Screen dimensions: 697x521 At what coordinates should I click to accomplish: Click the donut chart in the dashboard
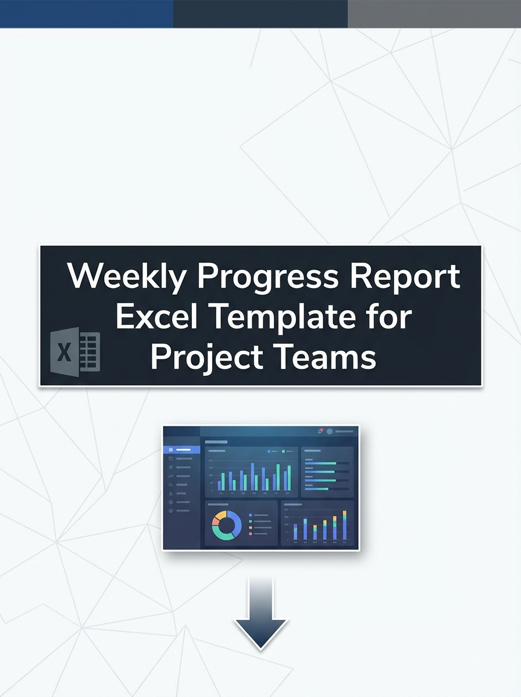point(227,525)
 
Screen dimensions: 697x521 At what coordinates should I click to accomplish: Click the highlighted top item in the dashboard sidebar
point(181,450)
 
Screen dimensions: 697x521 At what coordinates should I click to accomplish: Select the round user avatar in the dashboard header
point(330,432)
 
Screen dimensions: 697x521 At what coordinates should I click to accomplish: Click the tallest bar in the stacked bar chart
point(344,525)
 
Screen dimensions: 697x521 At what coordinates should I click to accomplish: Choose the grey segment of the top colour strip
point(434,13)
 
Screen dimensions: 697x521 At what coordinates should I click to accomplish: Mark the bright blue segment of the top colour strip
point(87,13)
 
